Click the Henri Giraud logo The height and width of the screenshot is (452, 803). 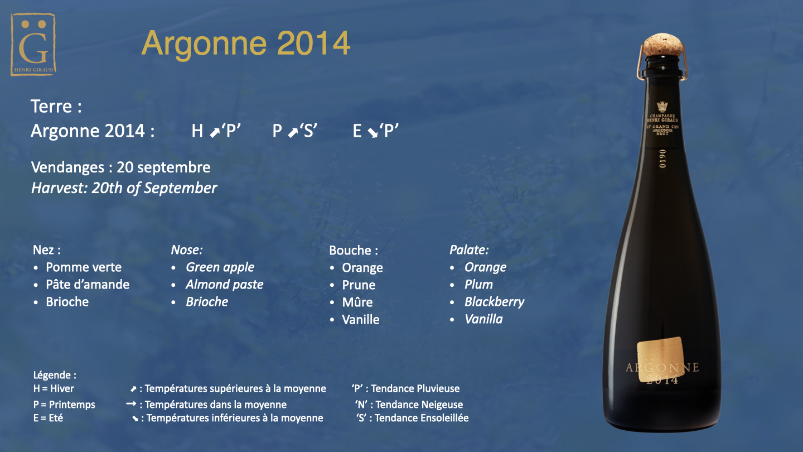33,45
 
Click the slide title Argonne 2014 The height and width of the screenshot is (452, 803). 245,44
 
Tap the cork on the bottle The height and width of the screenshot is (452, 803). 662,44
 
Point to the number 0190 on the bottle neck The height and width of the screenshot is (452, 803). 662,158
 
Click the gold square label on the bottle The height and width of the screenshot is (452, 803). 661,359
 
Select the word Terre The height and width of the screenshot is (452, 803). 51,106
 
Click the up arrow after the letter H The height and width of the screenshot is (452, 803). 215,133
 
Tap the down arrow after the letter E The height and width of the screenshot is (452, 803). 373,133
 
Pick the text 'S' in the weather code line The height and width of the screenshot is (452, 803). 308,131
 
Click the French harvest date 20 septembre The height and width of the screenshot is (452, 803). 163,167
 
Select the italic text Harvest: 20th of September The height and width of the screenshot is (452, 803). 124,188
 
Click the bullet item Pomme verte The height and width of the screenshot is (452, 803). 84,267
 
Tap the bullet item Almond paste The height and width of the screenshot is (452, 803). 224,285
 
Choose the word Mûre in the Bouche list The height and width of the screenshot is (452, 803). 357,302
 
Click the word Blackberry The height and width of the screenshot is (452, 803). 494,302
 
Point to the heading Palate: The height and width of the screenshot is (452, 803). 469,249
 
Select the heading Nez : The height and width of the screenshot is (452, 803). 47,249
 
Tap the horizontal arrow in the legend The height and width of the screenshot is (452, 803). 131,404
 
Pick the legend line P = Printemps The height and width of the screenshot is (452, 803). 64,405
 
